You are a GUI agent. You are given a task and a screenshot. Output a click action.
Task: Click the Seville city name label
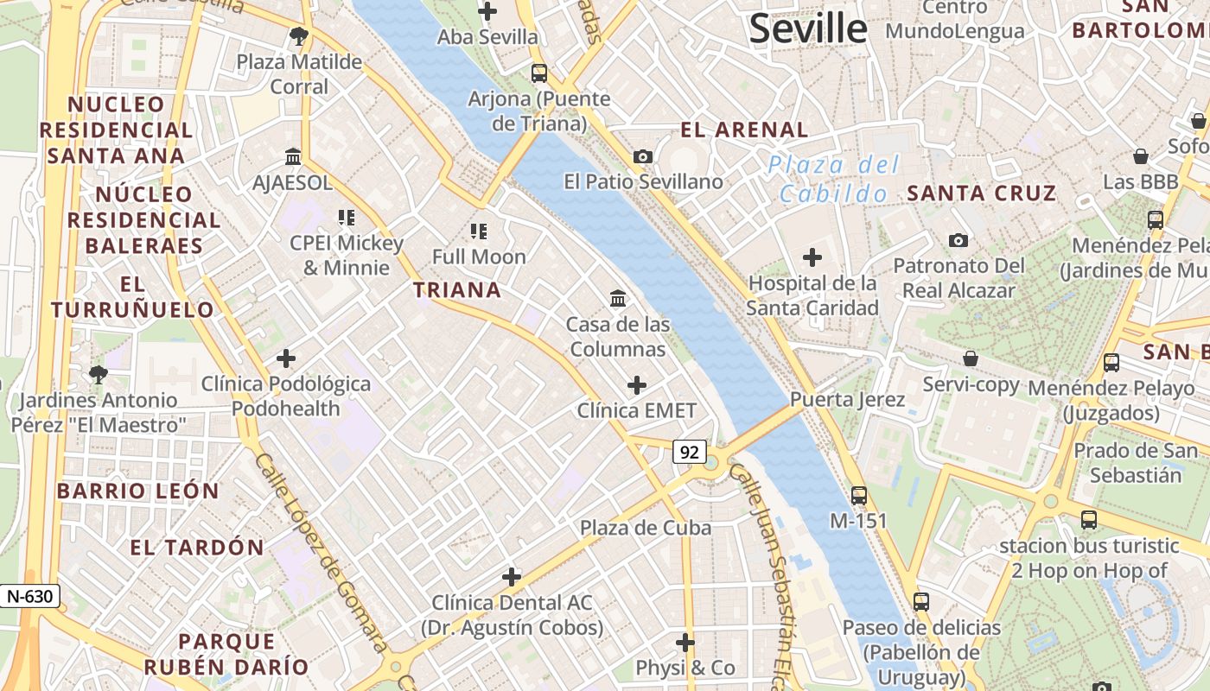(x=807, y=29)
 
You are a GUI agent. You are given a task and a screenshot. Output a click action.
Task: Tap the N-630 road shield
(x=30, y=596)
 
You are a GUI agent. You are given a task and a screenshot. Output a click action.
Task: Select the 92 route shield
(x=689, y=452)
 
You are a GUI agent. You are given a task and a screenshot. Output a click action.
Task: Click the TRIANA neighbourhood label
(x=457, y=290)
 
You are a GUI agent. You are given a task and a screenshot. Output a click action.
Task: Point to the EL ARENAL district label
(x=744, y=130)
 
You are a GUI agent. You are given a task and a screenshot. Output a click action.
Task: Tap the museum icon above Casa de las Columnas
(x=618, y=299)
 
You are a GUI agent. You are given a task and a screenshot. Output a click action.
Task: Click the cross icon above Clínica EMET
(x=637, y=384)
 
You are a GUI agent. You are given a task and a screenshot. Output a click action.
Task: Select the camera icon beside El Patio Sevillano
(x=642, y=156)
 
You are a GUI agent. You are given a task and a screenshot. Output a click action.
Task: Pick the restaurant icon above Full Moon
(x=479, y=231)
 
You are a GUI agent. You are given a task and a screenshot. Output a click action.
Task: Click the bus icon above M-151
(x=858, y=495)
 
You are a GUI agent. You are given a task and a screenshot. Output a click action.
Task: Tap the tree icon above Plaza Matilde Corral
(x=299, y=36)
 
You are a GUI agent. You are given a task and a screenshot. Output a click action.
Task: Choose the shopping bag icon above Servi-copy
(x=971, y=358)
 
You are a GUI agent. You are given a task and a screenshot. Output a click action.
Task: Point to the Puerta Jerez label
(x=847, y=399)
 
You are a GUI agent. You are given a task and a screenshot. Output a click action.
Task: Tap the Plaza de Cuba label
(x=646, y=528)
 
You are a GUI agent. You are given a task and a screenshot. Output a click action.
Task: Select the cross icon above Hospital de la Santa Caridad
(x=812, y=257)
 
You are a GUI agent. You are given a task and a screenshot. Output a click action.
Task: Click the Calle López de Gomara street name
(x=321, y=554)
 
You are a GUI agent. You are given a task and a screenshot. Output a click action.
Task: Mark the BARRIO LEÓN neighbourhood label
(x=138, y=491)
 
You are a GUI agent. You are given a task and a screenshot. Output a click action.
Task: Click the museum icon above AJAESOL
(x=293, y=157)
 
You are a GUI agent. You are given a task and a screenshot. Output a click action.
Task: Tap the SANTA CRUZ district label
(x=981, y=193)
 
